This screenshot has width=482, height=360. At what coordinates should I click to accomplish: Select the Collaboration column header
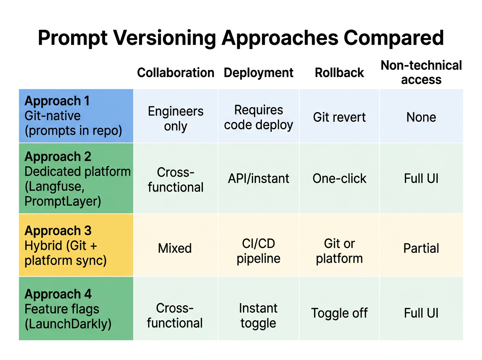point(176,73)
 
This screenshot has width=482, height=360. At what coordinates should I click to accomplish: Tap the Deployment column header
point(259,73)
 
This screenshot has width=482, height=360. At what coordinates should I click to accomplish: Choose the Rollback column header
point(339,73)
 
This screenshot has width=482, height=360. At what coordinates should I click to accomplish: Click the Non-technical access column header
point(421,72)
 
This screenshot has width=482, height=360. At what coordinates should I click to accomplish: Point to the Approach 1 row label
point(76,116)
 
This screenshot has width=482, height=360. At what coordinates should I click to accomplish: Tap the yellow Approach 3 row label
point(76,245)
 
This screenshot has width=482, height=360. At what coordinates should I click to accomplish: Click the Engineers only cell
point(176,119)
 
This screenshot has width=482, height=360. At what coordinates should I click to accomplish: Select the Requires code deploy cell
point(259,117)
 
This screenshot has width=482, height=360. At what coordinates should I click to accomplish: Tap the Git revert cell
point(339,117)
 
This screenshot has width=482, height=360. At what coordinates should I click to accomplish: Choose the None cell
point(421,117)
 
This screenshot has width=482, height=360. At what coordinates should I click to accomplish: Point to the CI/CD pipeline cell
point(259,251)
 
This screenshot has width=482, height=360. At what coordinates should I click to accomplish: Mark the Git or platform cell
point(339,251)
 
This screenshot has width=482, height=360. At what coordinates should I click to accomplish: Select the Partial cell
point(421,248)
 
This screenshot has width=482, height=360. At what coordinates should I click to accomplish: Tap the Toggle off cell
point(339,313)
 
